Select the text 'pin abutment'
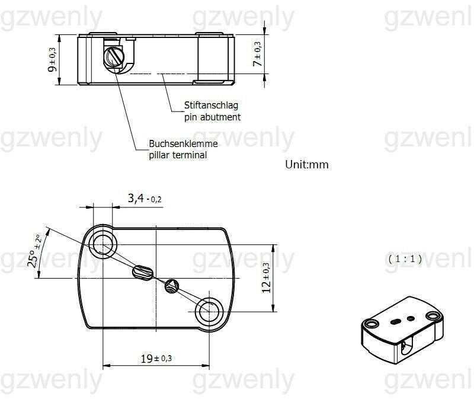point(212,117)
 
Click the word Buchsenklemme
point(183,144)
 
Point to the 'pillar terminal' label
point(178,155)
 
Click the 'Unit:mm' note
point(307,165)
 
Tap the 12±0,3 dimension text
point(266,277)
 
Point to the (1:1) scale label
point(405,259)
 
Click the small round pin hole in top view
point(172,285)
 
